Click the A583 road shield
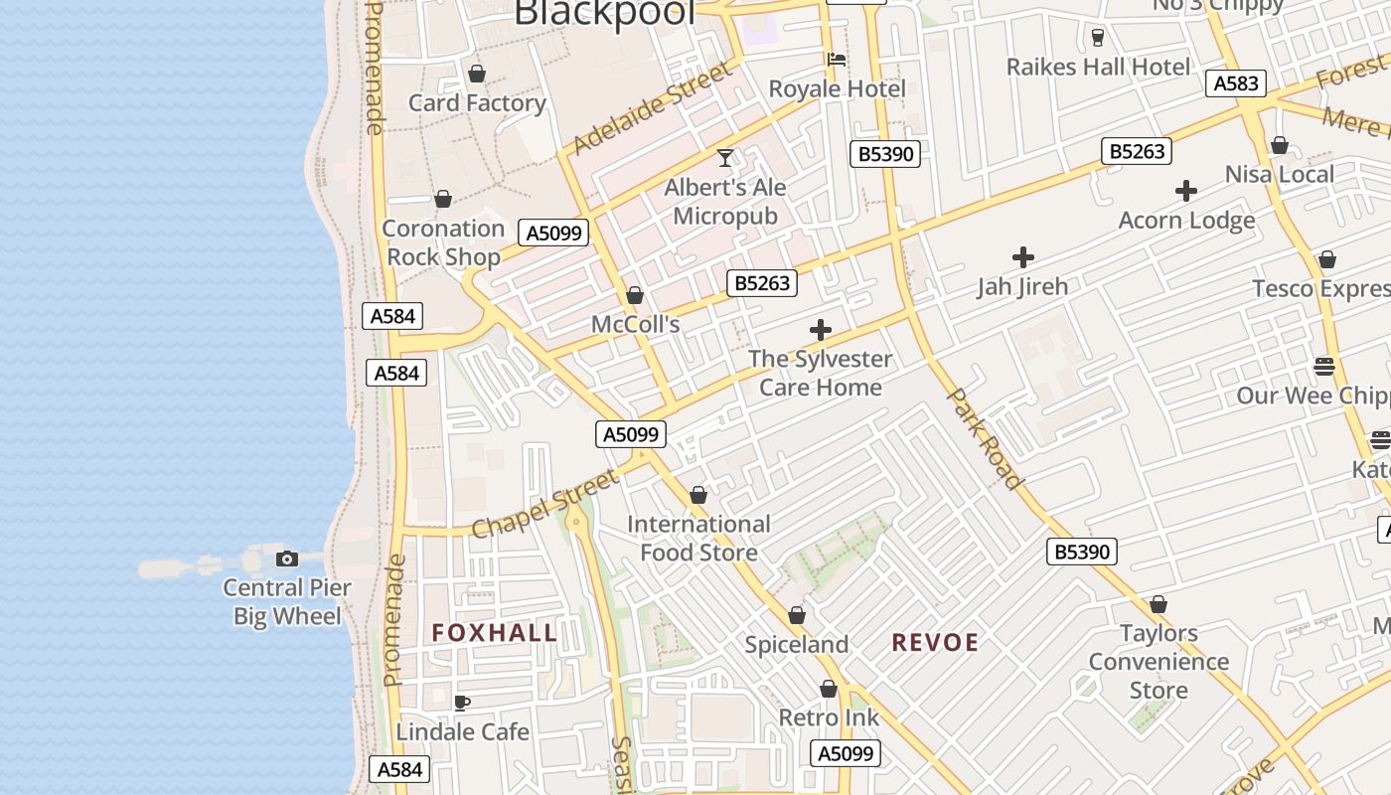(1236, 83)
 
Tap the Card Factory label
(477, 103)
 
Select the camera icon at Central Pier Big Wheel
(287, 559)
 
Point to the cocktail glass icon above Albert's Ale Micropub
(726, 158)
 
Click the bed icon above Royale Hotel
(837, 60)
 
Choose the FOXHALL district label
(495, 633)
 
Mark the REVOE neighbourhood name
(935, 643)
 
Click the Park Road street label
(985, 438)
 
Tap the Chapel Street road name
(544, 505)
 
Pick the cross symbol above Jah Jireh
(1023, 258)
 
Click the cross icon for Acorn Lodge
(1186, 191)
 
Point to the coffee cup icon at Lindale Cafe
(462, 704)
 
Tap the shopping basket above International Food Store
(698, 495)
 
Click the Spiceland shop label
(797, 645)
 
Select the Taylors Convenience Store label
(1159, 662)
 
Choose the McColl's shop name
(635, 325)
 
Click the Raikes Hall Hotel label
(1098, 68)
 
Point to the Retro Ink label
(829, 717)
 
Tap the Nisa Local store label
(1279, 175)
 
